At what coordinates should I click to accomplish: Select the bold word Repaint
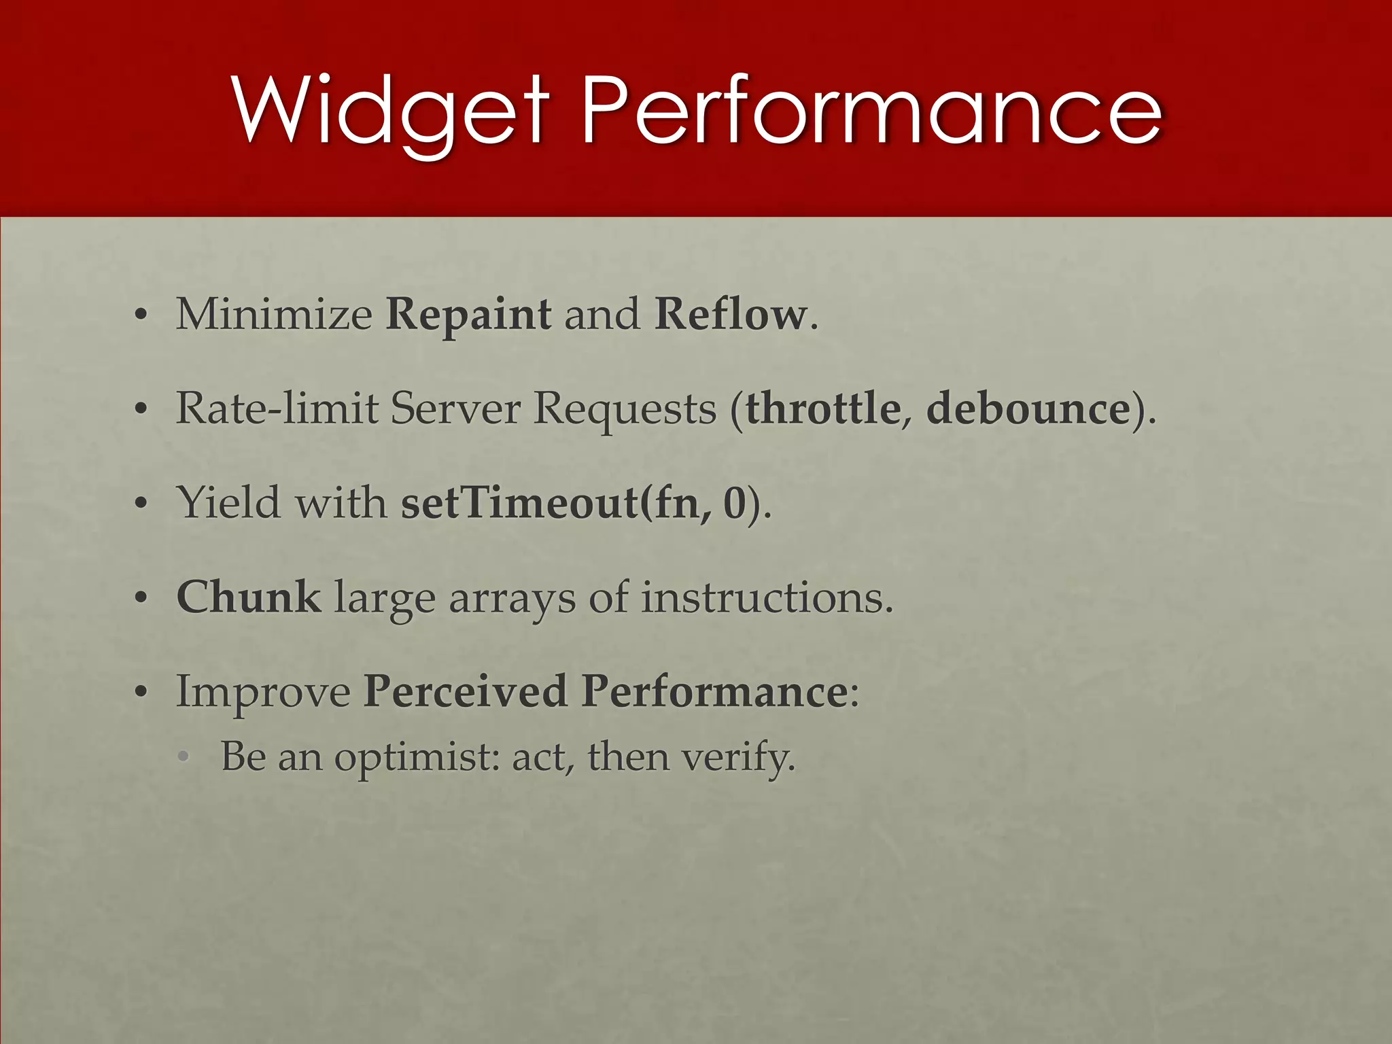click(468, 315)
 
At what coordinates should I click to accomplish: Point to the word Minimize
click(274, 315)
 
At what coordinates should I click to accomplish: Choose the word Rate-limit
click(277, 408)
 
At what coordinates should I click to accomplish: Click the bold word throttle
click(823, 408)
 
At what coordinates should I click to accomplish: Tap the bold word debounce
click(1028, 408)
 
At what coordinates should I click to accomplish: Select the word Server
click(455, 408)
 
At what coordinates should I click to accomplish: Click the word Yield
click(228, 503)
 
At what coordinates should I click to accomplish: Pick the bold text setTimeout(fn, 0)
click(574, 503)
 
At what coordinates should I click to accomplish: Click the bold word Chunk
click(249, 597)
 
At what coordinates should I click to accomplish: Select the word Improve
click(263, 692)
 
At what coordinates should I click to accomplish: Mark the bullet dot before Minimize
click(141, 316)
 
